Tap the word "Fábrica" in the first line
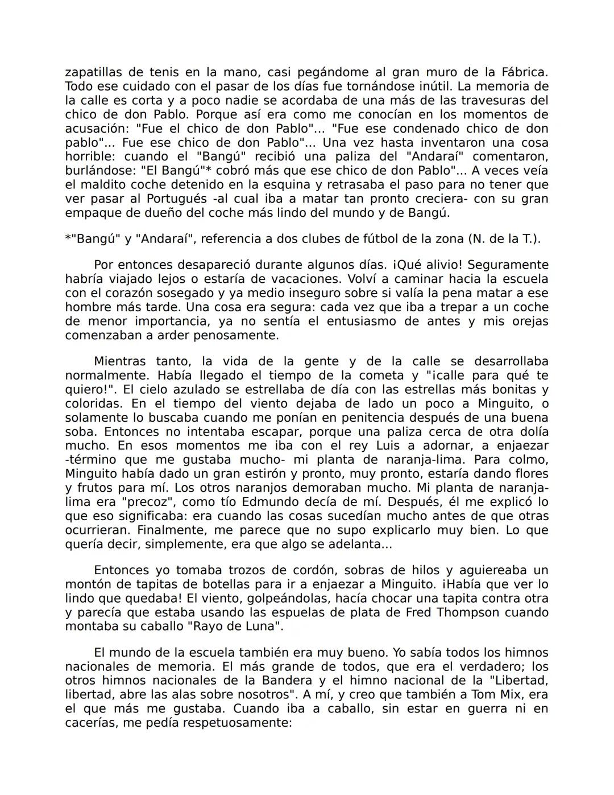tap(524, 72)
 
